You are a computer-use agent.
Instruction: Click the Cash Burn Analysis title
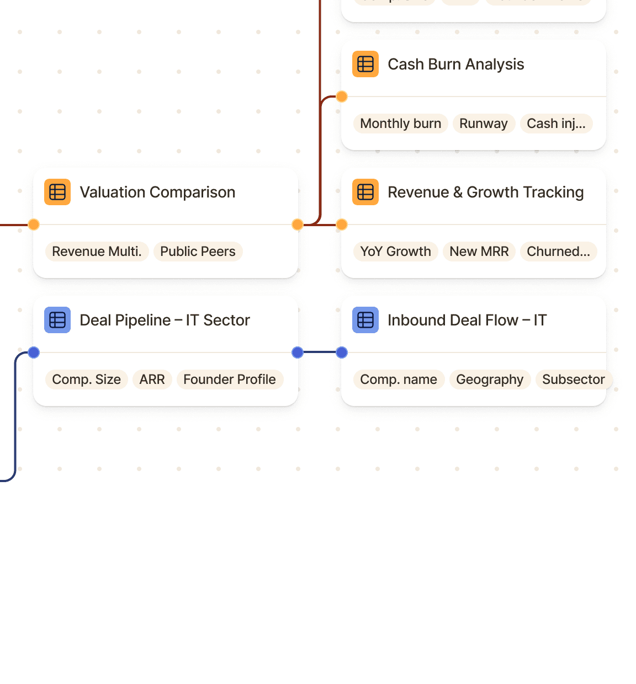(x=455, y=65)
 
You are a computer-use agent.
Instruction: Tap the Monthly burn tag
(x=400, y=124)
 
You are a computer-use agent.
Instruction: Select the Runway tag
(x=483, y=124)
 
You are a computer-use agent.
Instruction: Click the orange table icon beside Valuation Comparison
(x=57, y=192)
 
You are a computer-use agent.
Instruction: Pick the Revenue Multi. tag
(x=97, y=252)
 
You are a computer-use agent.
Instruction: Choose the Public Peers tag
(x=198, y=252)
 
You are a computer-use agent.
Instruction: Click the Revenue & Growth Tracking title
(x=485, y=193)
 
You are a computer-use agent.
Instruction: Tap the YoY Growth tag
(x=395, y=252)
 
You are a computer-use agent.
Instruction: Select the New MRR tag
(x=479, y=252)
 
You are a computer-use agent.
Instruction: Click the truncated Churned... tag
(x=558, y=252)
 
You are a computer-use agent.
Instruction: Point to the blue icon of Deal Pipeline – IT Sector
(x=57, y=320)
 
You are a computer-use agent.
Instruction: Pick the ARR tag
(x=152, y=380)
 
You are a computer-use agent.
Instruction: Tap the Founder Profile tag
(x=229, y=380)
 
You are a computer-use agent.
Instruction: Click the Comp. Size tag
(x=86, y=380)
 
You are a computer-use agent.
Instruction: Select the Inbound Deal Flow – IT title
(x=467, y=320)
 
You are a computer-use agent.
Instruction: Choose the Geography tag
(x=489, y=380)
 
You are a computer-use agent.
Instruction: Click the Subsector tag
(x=573, y=380)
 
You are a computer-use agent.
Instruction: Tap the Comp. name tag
(x=398, y=380)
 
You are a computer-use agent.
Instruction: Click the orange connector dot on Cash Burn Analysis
(x=342, y=97)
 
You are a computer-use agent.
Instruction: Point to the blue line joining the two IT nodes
(x=320, y=352)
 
